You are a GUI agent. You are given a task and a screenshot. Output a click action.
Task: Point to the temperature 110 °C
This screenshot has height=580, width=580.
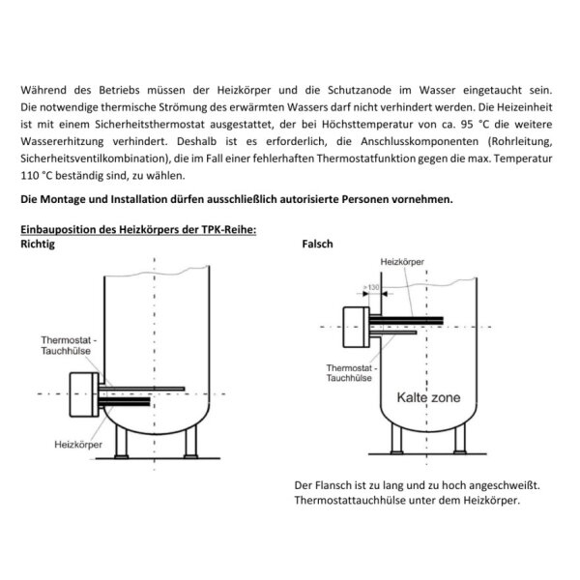point(35,177)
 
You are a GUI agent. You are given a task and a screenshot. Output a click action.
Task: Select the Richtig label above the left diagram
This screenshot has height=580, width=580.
point(37,245)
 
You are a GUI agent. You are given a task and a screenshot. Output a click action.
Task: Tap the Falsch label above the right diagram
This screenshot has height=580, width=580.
point(317,245)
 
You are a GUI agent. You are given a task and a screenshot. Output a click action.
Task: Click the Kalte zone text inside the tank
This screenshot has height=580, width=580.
point(427,397)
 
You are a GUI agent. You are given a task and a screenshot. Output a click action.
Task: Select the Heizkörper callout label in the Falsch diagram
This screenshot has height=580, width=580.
point(403,262)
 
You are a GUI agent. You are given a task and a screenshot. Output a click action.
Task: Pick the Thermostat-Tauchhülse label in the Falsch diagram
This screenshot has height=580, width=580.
point(354,374)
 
